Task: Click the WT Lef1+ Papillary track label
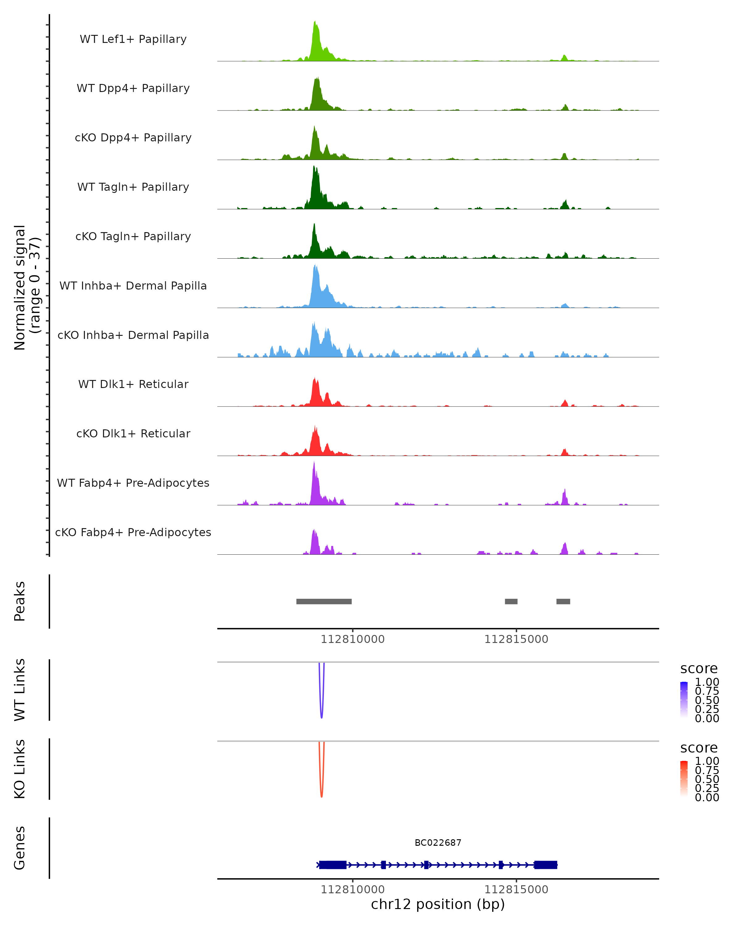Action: [133, 39]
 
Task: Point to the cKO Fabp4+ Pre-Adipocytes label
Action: [133, 532]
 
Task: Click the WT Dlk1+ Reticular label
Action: [133, 384]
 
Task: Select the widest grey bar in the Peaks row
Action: [324, 601]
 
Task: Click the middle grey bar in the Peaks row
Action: [511, 601]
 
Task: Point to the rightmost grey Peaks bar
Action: [563, 601]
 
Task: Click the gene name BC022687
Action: [438, 843]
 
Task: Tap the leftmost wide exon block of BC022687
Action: [333, 865]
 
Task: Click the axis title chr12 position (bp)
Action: [438, 904]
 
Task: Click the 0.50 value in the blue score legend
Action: [707, 700]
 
